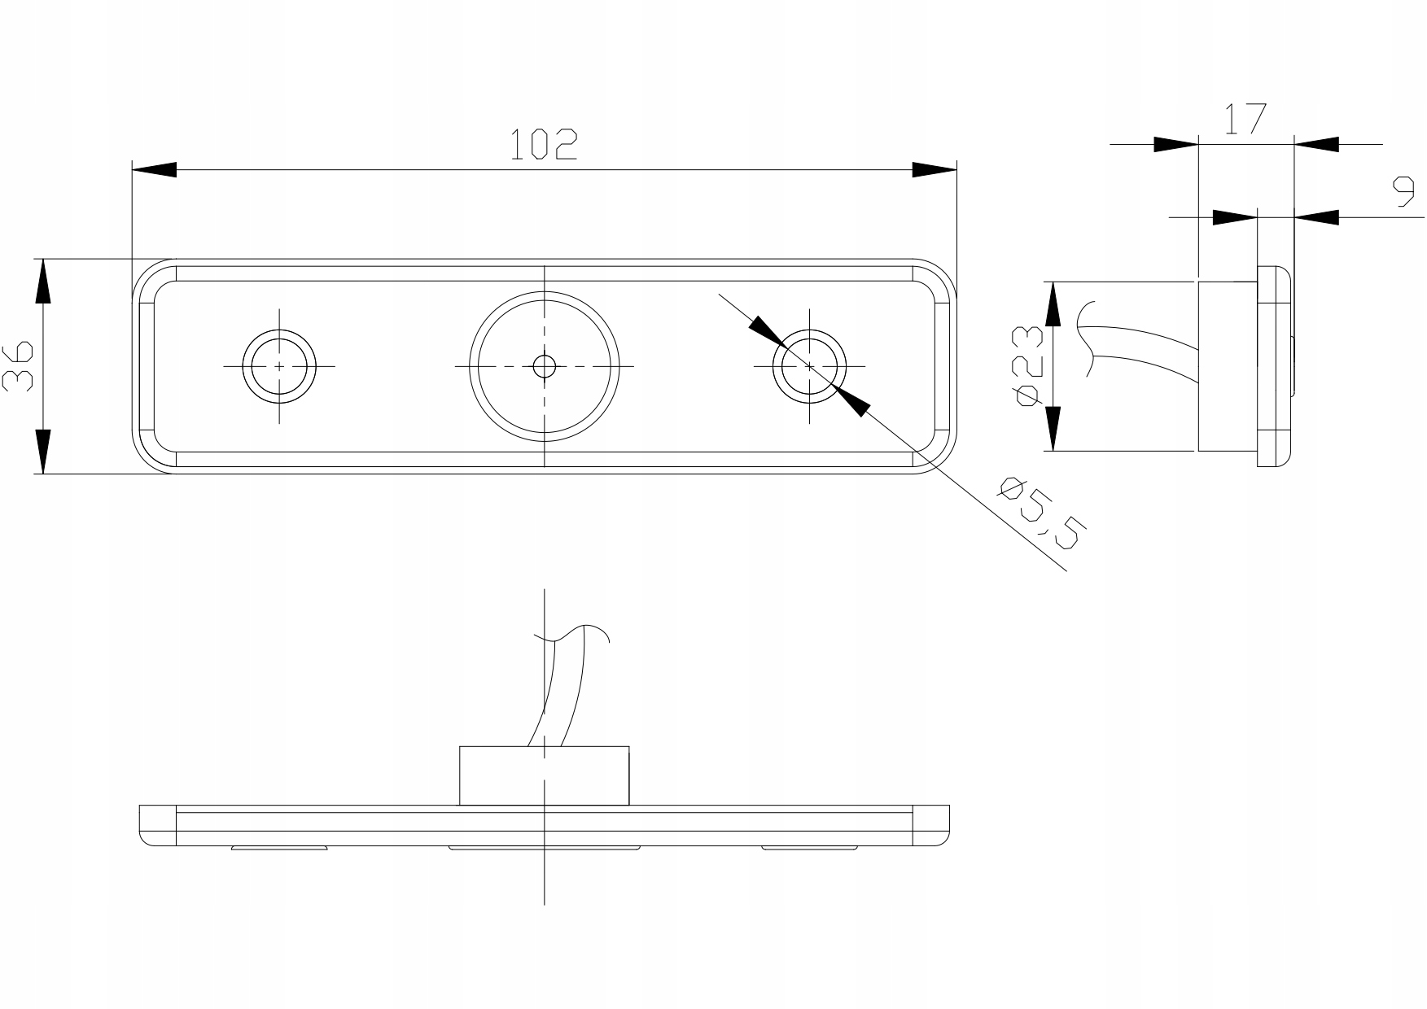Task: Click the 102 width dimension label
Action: pos(544,145)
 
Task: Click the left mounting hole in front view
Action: pos(279,366)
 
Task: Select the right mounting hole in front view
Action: pos(809,366)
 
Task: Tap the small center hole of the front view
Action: pos(544,366)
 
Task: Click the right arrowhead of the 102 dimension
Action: pos(935,170)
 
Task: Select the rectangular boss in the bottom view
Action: pos(544,775)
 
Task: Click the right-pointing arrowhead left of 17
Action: pos(1177,144)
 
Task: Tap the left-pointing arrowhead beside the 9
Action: pos(1317,217)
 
